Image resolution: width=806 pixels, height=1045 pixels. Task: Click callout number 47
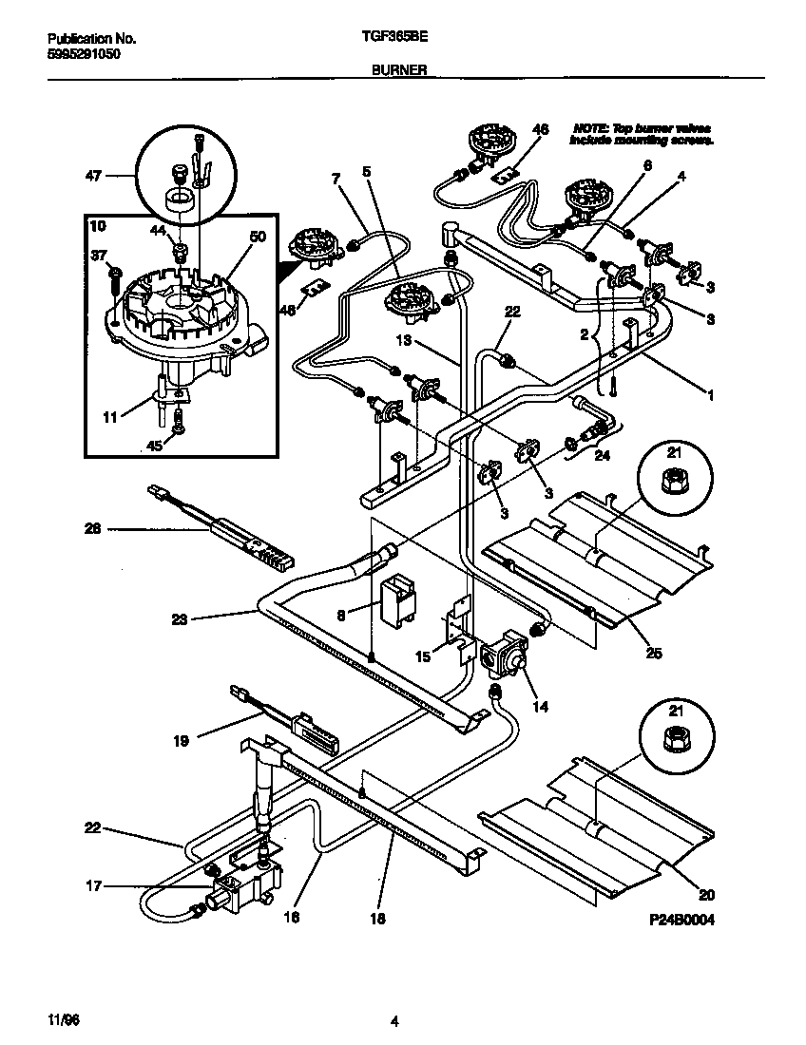[92, 176]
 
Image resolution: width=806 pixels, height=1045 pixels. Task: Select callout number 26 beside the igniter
[92, 529]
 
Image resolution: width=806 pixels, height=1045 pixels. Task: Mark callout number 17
[92, 887]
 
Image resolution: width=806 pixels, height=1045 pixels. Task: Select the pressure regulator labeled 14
[503, 655]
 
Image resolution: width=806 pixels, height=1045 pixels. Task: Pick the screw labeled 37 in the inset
[116, 274]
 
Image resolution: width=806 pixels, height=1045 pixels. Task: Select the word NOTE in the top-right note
[589, 127]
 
